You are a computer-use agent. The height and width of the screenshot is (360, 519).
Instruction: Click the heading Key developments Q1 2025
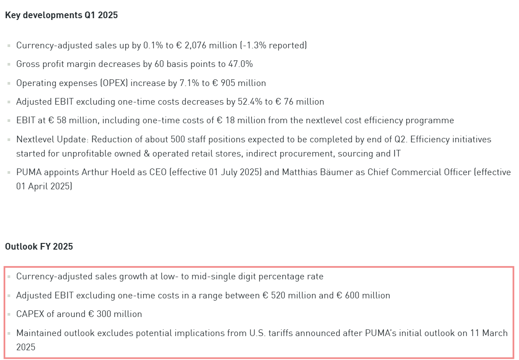point(61,15)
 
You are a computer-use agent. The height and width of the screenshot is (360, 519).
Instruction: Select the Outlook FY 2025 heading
point(39,247)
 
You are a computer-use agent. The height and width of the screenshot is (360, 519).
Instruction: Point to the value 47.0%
point(240,64)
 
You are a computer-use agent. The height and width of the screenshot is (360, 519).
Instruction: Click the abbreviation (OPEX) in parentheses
point(114,83)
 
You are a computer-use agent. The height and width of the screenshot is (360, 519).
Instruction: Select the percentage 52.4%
point(250,102)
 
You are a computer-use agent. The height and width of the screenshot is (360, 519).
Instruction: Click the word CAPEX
point(30,314)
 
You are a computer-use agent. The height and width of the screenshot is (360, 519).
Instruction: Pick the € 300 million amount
point(115,314)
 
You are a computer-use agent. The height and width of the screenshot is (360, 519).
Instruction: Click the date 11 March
point(489,333)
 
